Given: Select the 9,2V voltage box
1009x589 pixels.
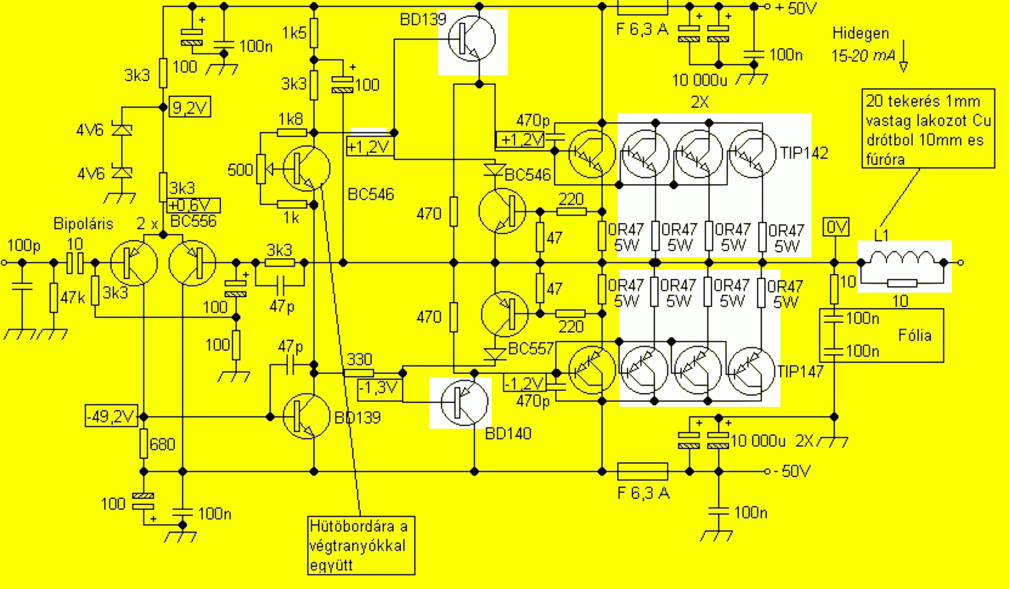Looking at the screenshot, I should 190,108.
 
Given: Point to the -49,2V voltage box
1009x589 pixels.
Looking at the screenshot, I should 111,417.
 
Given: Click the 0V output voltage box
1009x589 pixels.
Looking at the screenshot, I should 836,227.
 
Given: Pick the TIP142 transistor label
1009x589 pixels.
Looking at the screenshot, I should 804,153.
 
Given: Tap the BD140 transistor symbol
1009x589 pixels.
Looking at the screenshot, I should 464,402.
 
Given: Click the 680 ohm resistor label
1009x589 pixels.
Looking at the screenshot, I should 162,444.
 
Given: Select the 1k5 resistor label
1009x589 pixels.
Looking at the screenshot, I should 294,33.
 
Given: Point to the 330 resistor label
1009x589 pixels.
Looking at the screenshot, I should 359,359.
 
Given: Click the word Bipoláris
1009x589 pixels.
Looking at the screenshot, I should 83,223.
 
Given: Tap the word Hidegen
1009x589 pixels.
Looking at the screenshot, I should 860,33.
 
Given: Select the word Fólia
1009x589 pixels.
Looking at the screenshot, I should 914,335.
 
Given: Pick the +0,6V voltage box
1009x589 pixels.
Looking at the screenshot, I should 193,205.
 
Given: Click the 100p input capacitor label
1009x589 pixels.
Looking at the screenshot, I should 24,246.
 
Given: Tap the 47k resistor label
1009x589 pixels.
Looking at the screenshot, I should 72,298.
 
